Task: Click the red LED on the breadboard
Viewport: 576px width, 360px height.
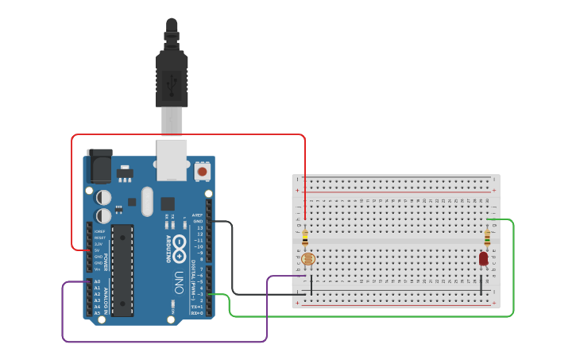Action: tap(483, 258)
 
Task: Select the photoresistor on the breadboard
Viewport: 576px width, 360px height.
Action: tap(308, 259)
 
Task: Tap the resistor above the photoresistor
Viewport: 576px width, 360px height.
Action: tap(306, 236)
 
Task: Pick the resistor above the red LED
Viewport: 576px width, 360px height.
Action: tap(487, 236)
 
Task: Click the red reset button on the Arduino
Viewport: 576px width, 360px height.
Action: tap(202, 171)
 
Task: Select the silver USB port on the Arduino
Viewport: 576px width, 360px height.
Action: tap(171, 157)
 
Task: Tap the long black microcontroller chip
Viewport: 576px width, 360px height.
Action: tap(122, 270)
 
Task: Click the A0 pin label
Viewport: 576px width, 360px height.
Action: tap(97, 281)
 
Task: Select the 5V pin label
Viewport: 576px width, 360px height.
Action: tap(97, 250)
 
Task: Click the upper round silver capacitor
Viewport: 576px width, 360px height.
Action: tap(104, 196)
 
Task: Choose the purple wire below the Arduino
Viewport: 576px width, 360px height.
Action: tap(159, 342)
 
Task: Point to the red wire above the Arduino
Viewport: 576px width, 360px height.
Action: tap(191, 134)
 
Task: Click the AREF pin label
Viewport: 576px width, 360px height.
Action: tap(198, 215)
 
